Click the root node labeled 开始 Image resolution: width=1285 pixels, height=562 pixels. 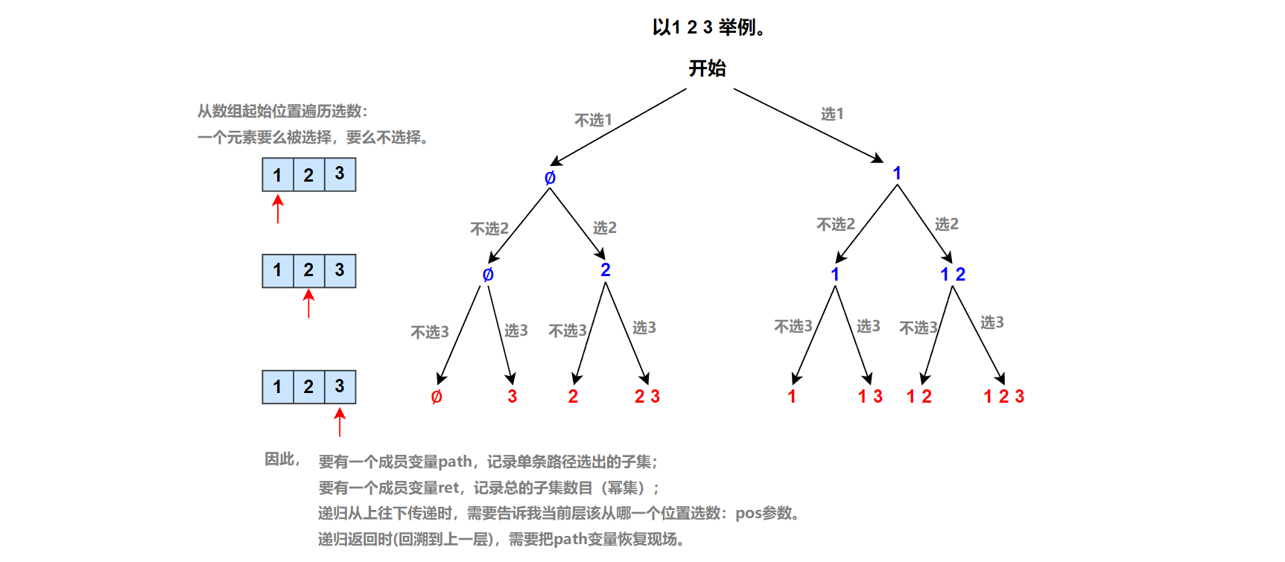pos(707,68)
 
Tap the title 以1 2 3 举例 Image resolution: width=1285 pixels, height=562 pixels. pos(708,28)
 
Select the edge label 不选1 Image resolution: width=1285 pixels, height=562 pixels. pos(593,120)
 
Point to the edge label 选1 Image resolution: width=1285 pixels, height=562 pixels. pos(832,114)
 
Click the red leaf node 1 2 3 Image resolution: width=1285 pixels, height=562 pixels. pos(1003,397)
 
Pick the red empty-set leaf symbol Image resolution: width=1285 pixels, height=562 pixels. pos(437,397)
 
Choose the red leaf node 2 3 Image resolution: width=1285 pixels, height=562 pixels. pos(647,397)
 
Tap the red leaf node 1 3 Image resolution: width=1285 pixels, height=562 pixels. pos(870,397)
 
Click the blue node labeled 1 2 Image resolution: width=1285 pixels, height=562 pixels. pos(952,275)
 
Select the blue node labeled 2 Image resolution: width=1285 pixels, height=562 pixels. pos(605,269)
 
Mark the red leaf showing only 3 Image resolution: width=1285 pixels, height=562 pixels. pos(512,397)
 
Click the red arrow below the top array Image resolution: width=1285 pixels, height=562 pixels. pos(278,209)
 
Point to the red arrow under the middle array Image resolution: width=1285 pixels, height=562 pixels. pos(309,304)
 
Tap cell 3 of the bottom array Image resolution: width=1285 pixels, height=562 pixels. pos(340,386)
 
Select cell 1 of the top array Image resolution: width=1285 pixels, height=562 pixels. pos(278,175)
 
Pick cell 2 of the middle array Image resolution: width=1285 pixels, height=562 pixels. pos(308,270)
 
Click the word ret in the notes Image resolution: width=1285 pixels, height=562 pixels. pos(448,488)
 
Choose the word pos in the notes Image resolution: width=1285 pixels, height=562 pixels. pos(748,513)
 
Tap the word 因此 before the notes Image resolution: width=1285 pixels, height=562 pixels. pos(282,459)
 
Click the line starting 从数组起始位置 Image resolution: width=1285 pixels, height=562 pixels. pos(282,111)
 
